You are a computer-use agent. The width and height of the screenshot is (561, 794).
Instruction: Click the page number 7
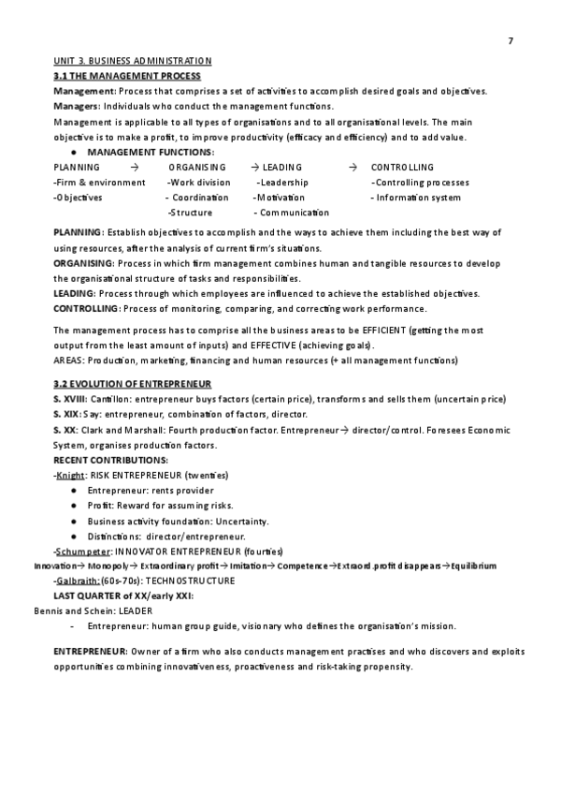[x=511, y=40]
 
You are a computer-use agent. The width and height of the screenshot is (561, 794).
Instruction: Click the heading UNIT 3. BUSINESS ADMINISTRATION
[x=133, y=61]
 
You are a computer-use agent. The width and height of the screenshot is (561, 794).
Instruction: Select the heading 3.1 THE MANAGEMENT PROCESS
[x=127, y=75]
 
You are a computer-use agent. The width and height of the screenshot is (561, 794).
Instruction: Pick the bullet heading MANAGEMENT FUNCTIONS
[x=150, y=152]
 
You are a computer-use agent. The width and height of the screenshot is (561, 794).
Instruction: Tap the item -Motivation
[x=279, y=198]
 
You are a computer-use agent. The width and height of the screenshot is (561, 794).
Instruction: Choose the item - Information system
[x=416, y=198]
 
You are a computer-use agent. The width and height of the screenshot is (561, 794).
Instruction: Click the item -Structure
[x=189, y=213]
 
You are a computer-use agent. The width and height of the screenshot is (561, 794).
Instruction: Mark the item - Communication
[x=291, y=213]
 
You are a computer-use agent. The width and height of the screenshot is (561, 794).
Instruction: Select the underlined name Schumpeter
[x=83, y=551]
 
